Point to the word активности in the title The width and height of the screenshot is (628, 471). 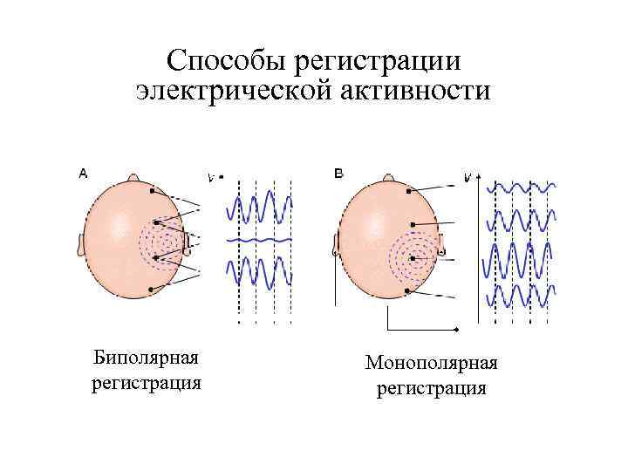[x=420, y=92]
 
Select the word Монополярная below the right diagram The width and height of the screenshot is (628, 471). [x=431, y=362]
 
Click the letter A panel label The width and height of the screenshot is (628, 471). [x=83, y=174]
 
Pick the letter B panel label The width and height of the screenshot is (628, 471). [x=338, y=174]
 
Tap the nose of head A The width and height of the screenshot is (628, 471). [x=133, y=177]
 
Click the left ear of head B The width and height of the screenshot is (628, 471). [x=337, y=244]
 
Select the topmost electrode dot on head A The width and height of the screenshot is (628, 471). [x=151, y=190]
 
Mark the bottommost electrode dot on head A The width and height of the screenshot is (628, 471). [x=151, y=289]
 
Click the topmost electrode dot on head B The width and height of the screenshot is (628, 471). [x=407, y=190]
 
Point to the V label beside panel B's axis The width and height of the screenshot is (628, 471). [x=468, y=178]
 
